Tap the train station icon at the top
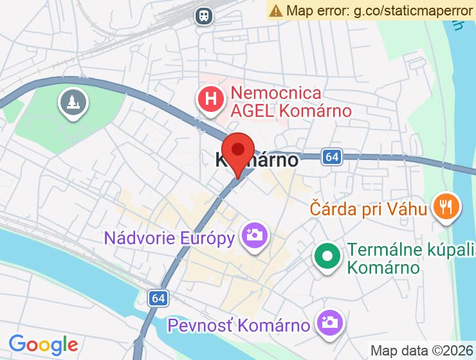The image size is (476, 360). [x=204, y=15]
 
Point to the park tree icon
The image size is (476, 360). [x=73, y=101]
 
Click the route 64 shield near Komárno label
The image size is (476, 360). [x=331, y=156]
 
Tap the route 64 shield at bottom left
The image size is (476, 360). [x=158, y=298]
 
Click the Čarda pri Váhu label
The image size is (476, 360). [x=368, y=208]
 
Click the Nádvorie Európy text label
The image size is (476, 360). [x=169, y=239]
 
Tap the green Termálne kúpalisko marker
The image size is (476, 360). [x=327, y=256]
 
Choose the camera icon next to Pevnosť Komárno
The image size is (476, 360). [x=329, y=321]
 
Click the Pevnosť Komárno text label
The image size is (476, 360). [x=239, y=325]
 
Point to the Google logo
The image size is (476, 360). [x=43, y=345]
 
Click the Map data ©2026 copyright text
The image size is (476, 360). [x=421, y=351]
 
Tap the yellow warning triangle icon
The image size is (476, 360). [x=276, y=10]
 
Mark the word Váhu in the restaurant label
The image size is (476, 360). [x=408, y=208]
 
